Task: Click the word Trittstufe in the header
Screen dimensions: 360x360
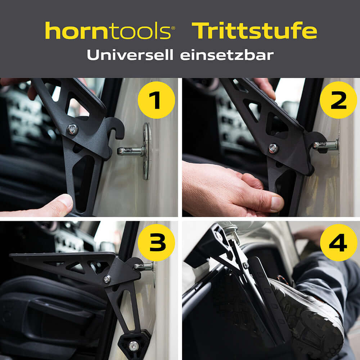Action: coord(254,31)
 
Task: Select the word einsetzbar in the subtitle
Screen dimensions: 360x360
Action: coord(227,55)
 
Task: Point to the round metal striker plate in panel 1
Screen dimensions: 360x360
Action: coord(147,151)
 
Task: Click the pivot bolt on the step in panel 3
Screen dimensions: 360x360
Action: coord(107,279)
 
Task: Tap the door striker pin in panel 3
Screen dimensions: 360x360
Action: coord(144,267)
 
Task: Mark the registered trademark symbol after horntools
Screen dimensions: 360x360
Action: coord(173,27)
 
